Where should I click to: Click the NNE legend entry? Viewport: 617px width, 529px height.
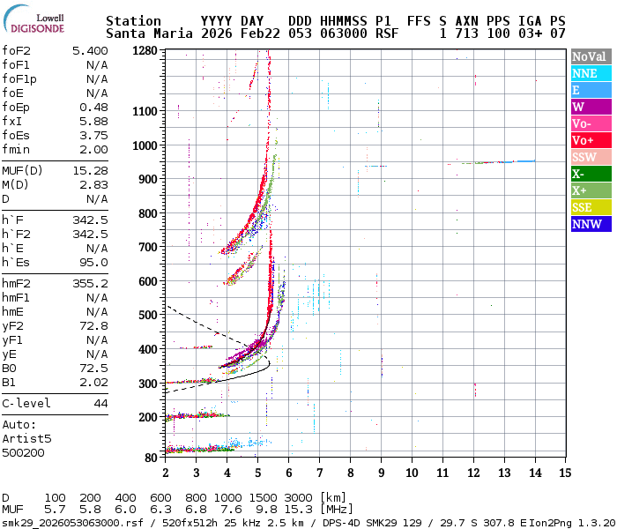(590, 73)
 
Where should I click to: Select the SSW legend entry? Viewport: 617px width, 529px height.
(590, 157)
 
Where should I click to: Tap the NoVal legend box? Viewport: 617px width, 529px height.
(590, 56)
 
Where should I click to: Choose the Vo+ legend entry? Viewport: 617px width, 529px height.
(590, 140)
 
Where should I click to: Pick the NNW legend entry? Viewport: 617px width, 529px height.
(590, 224)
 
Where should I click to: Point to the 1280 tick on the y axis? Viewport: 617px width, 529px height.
(145, 51)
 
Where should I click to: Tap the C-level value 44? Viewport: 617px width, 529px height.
(100, 403)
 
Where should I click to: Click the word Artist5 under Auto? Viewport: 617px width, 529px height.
(26, 438)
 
